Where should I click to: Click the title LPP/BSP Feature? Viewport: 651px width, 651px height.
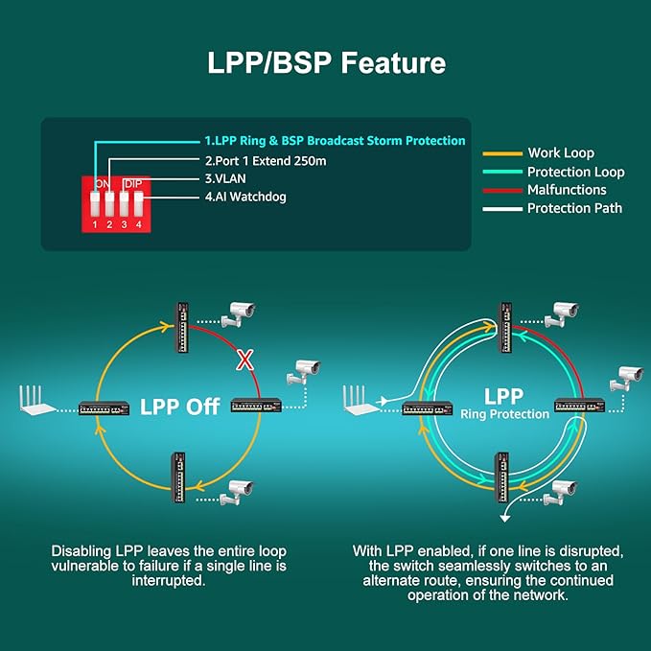[326, 63]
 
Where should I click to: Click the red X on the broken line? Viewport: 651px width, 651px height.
[245, 361]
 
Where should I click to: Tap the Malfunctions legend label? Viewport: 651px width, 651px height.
[567, 190]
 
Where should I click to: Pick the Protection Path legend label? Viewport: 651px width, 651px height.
[574, 208]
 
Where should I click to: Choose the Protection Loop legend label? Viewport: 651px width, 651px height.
[575, 172]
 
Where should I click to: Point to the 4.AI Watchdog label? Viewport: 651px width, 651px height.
[244, 198]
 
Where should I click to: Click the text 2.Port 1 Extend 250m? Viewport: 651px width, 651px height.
[265, 160]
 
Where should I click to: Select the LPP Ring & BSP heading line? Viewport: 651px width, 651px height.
[334, 140]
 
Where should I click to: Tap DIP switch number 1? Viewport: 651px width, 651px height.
[96, 203]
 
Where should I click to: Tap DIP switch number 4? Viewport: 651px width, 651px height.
[138, 203]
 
